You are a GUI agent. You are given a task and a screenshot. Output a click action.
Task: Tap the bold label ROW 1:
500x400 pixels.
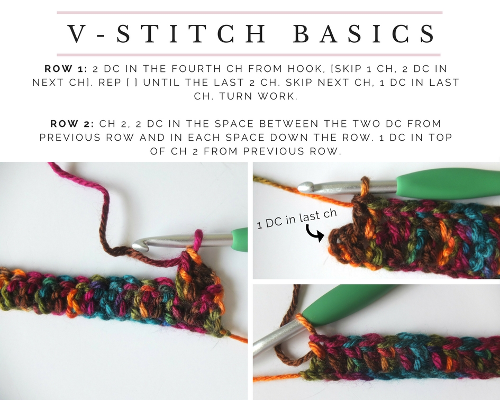67,69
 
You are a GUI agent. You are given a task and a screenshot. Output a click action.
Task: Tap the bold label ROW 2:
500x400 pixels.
72,124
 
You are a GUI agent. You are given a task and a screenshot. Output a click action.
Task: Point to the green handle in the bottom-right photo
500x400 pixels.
349,307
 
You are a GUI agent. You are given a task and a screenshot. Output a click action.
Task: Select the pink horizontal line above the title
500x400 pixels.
249,12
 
